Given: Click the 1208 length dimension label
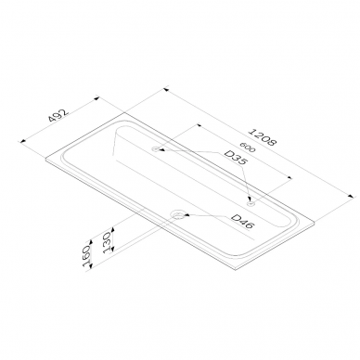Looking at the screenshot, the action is [x=263, y=137].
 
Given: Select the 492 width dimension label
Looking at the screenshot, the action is [x=58, y=116].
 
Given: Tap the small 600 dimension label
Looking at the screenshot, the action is [x=248, y=148].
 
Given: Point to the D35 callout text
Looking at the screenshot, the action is [x=236, y=158].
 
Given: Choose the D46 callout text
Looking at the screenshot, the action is [x=242, y=222].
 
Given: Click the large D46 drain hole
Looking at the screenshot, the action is [x=178, y=215].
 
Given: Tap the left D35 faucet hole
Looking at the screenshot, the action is [x=155, y=149].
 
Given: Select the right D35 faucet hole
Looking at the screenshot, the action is [x=250, y=203].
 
